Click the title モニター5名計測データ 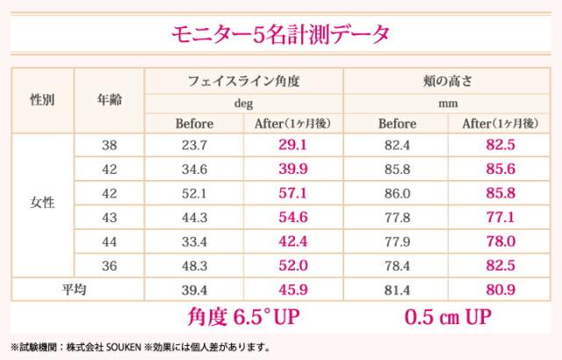[x=281, y=34]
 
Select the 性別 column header [x=41, y=99]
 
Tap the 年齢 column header [x=110, y=99]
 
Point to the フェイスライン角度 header [x=244, y=80]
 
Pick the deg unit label [x=244, y=102]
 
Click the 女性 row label [x=41, y=203]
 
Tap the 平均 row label [x=76, y=287]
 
